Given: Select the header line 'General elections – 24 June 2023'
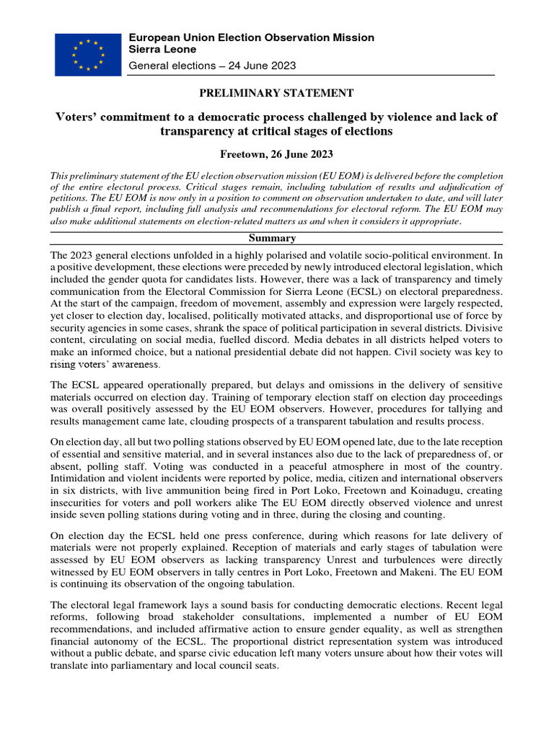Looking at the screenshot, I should pyautogui.click(x=211, y=66).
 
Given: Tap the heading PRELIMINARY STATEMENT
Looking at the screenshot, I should pyautogui.click(x=276, y=93).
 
